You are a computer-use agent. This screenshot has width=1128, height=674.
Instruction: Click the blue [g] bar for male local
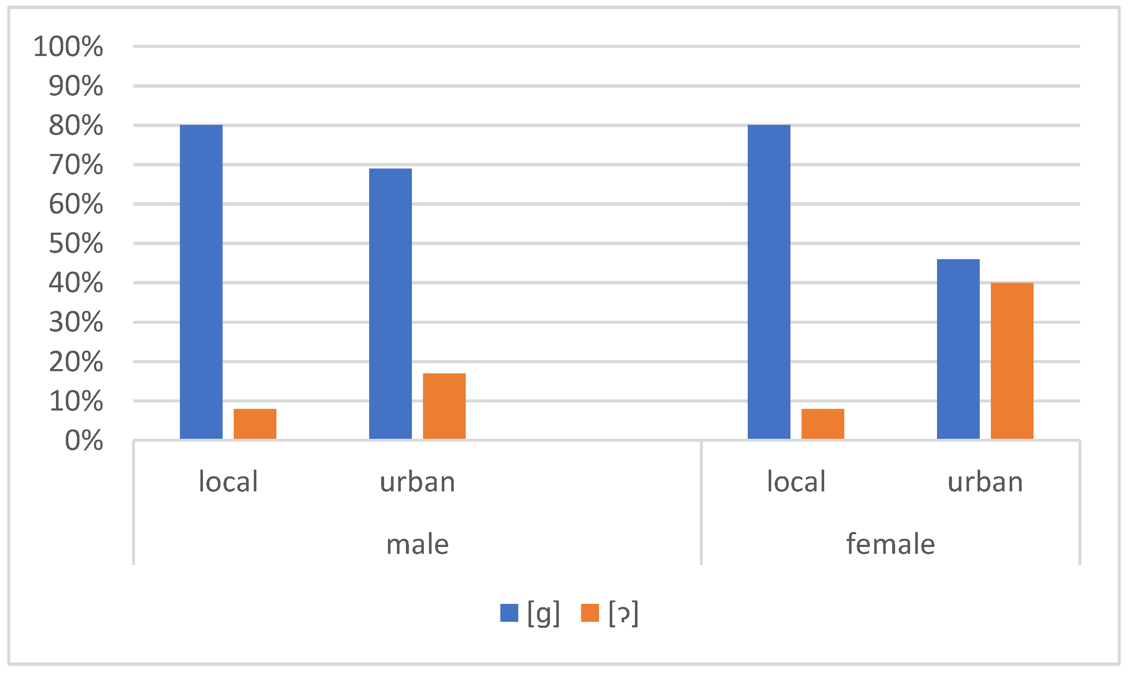(201, 281)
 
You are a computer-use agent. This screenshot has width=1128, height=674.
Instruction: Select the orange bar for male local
(255, 424)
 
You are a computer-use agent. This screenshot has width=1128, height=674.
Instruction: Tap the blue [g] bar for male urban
(390, 303)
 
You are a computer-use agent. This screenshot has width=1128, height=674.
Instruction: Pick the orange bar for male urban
(444, 406)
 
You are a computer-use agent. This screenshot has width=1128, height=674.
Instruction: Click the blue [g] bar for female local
(769, 281)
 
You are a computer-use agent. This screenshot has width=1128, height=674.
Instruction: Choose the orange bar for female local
(822, 424)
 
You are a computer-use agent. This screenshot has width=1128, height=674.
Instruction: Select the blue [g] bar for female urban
(958, 349)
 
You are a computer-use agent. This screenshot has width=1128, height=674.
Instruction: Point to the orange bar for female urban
(1012, 361)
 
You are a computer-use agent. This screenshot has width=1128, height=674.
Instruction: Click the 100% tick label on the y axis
(68, 46)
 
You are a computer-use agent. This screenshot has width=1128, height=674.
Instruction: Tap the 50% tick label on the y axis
(76, 243)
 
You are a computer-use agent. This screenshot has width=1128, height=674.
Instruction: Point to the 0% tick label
(84, 440)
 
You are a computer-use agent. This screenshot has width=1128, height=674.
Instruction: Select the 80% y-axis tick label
(76, 125)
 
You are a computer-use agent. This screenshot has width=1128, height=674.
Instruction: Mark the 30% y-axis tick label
(76, 322)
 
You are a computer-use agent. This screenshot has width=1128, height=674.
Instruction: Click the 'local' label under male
(228, 482)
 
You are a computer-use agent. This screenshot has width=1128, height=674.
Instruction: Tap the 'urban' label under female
(985, 482)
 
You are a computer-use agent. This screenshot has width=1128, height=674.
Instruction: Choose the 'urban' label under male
(417, 482)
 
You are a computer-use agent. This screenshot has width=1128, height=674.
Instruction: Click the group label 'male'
(417, 544)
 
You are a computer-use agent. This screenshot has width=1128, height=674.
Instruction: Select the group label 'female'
(890, 544)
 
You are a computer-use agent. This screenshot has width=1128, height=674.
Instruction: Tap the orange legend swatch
(590, 613)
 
